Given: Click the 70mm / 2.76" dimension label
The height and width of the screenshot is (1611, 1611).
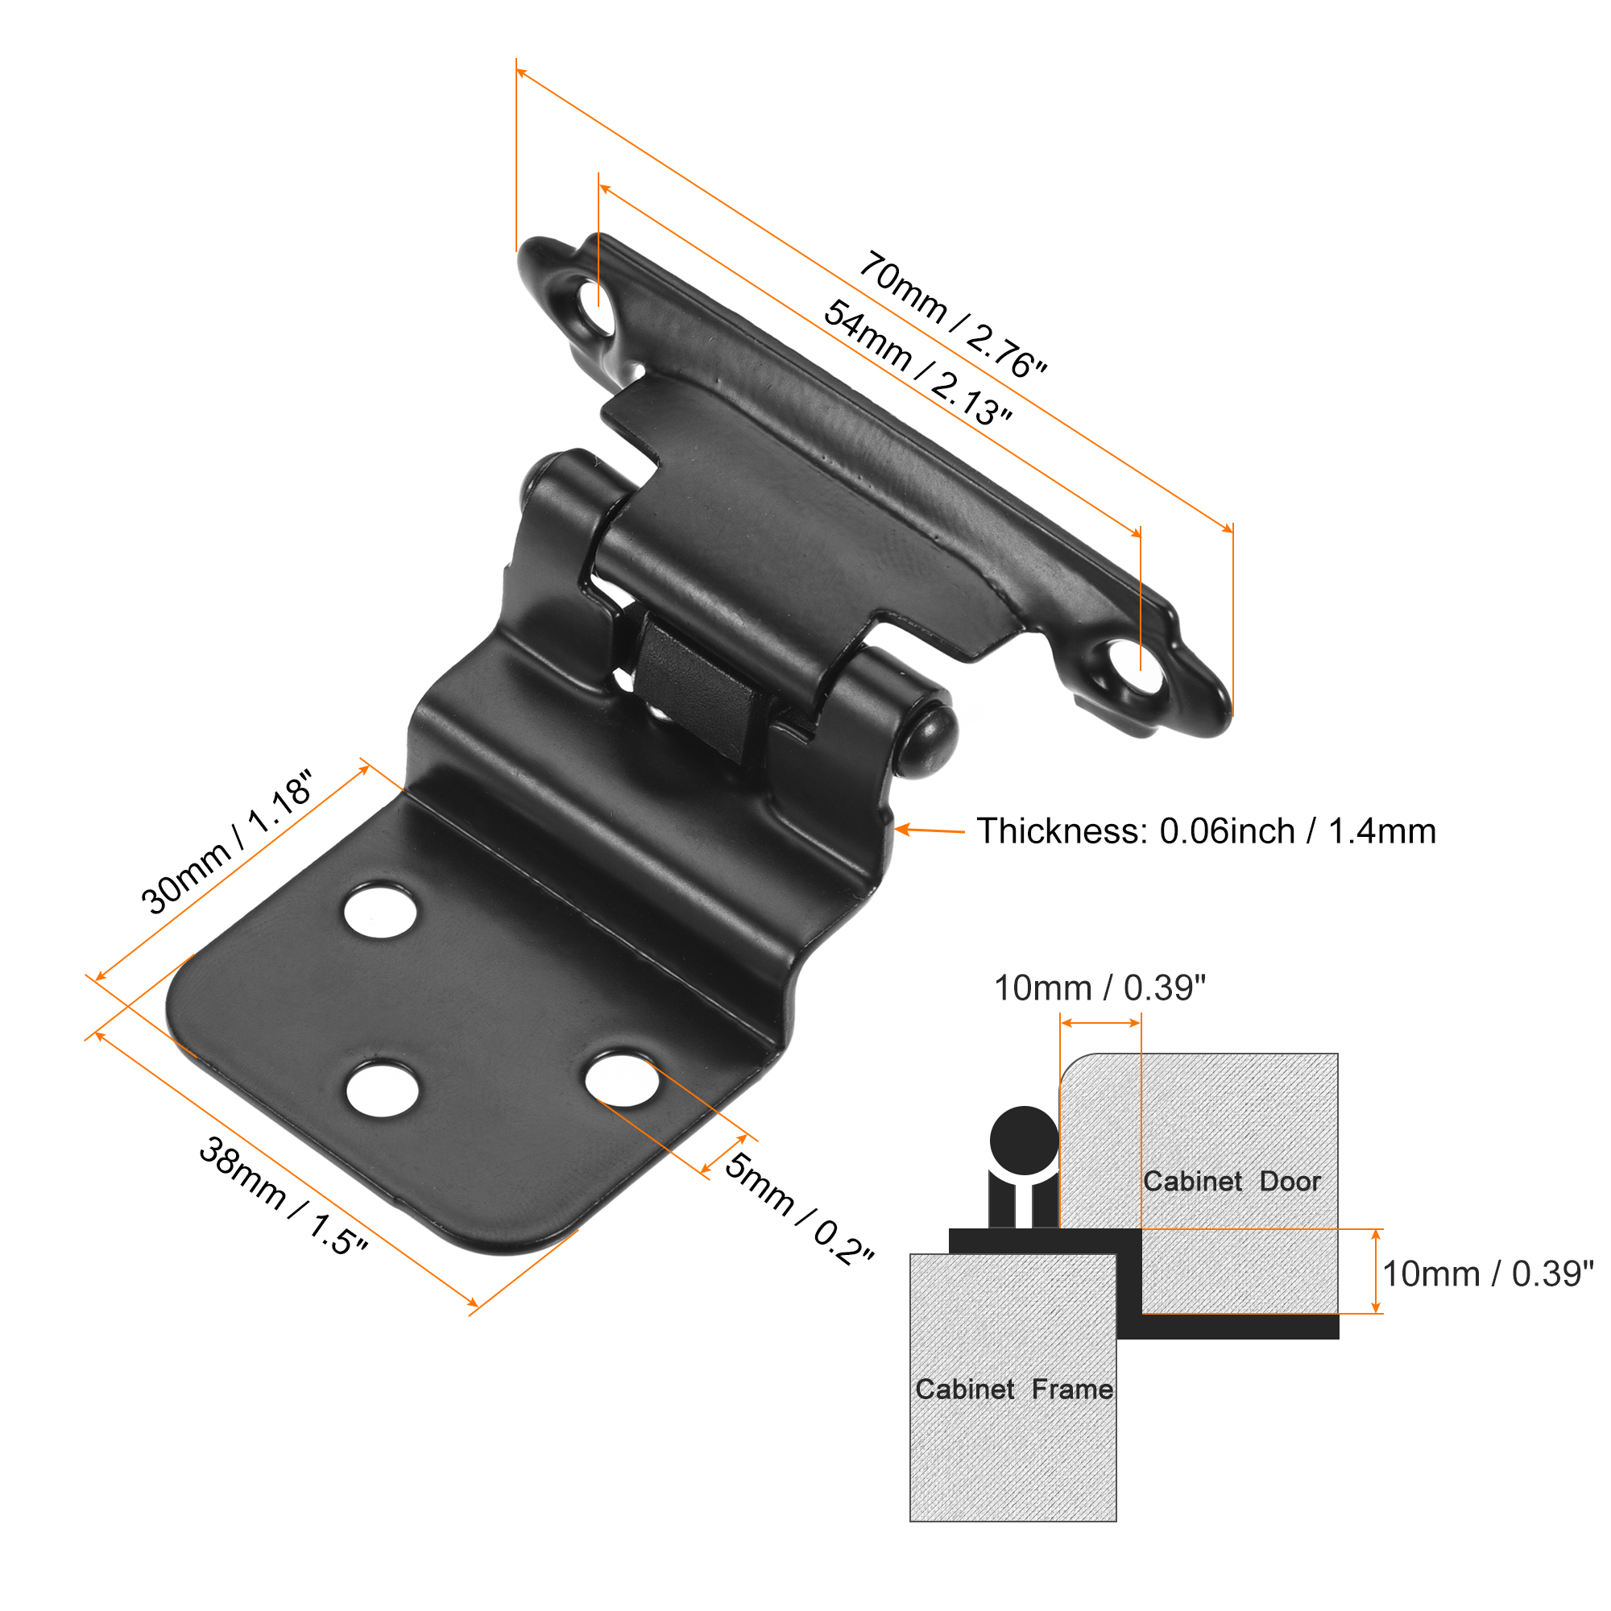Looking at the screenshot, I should [953, 315].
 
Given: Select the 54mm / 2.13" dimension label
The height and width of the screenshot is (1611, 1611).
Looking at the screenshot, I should [918, 363].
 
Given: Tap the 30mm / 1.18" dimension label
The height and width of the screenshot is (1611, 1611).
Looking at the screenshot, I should [227, 843].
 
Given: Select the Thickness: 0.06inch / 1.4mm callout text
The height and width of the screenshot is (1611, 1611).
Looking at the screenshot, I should [1206, 831].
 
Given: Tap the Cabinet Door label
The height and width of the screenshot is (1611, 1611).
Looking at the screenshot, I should [1232, 1182].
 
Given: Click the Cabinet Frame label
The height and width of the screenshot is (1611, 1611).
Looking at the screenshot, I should [1014, 1389].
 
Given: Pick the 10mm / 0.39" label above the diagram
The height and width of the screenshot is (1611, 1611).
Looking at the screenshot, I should [1100, 988].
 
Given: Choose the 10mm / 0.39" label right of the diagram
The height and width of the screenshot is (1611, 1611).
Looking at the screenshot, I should [1488, 1275].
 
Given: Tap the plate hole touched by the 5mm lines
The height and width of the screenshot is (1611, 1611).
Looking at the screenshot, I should [621, 1080].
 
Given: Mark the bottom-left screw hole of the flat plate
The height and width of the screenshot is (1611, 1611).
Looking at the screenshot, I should [383, 1088].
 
